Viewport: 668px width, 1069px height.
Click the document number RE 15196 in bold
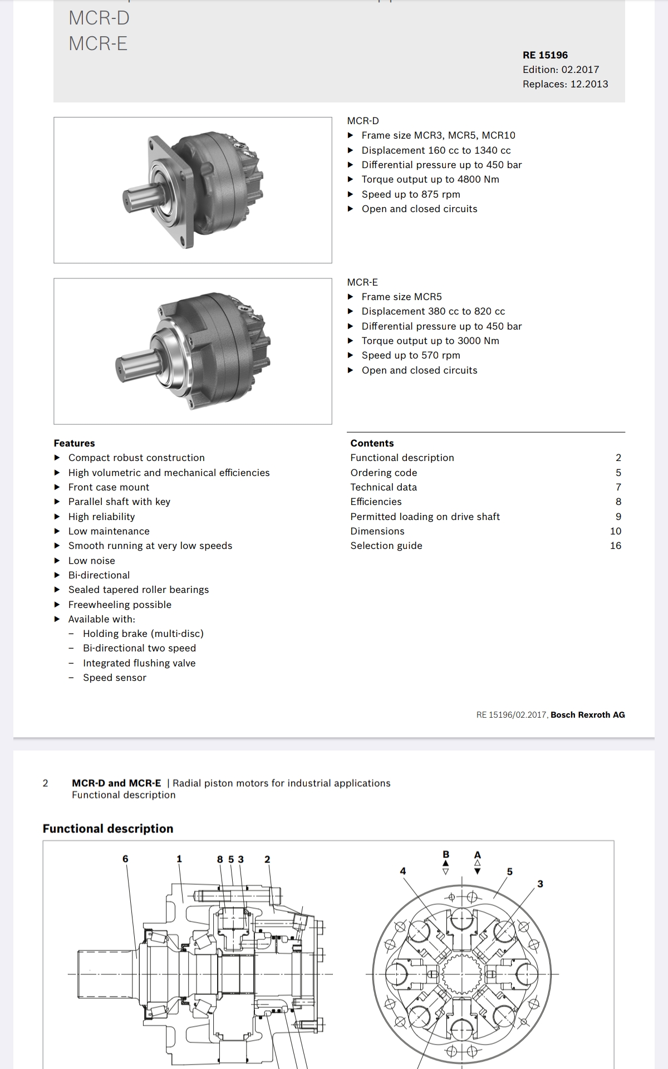(x=545, y=55)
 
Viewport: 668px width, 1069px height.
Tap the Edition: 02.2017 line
(x=561, y=70)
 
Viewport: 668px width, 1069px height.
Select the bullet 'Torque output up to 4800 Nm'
(x=430, y=179)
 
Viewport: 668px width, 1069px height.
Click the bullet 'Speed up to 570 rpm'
(x=410, y=355)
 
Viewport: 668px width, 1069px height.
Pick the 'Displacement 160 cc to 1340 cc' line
(x=436, y=150)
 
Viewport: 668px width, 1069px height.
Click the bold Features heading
(x=74, y=443)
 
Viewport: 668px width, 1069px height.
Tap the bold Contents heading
(x=372, y=443)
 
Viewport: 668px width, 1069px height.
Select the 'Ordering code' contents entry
(x=384, y=473)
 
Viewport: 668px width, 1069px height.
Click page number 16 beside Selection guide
(x=615, y=546)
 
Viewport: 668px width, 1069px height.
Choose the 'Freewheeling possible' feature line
(x=120, y=605)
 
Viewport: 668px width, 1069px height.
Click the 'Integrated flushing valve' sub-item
(x=139, y=663)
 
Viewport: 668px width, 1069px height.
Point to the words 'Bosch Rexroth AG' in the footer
(x=587, y=715)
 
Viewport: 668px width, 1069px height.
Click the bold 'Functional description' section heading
(x=108, y=828)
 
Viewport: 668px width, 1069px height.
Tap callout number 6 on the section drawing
(x=125, y=859)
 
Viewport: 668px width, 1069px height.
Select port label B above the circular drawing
(x=445, y=854)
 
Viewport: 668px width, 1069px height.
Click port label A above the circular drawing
(x=477, y=854)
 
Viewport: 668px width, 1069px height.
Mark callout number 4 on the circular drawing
(x=403, y=871)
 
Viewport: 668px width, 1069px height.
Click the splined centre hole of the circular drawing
(x=461, y=974)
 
